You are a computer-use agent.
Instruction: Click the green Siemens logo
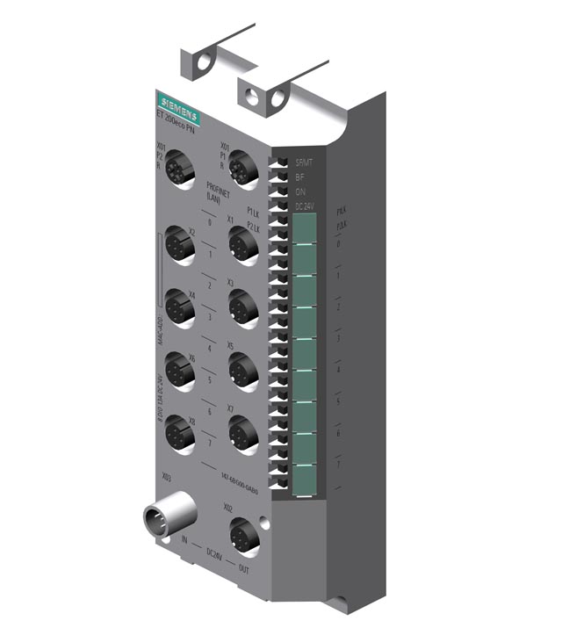pyautogui.click(x=178, y=110)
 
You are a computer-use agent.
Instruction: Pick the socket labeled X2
pyautogui.click(x=181, y=245)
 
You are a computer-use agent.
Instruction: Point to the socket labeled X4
pyautogui.click(x=181, y=308)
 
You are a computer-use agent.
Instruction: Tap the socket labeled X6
pyautogui.click(x=181, y=372)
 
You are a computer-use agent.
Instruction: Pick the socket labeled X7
pyautogui.click(x=243, y=432)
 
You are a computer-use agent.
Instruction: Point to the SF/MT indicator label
pyautogui.click(x=304, y=162)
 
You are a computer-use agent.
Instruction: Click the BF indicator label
pyautogui.click(x=300, y=177)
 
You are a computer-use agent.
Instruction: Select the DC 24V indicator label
pyautogui.click(x=306, y=206)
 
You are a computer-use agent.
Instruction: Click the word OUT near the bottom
pyautogui.click(x=244, y=568)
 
